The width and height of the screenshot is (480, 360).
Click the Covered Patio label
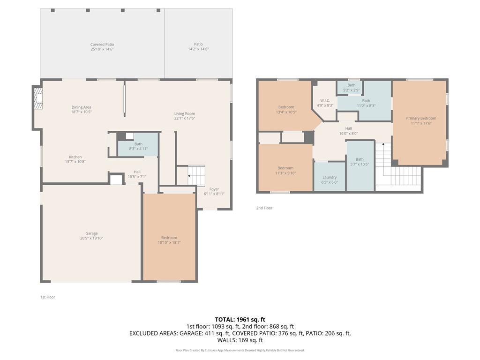coord(102,46)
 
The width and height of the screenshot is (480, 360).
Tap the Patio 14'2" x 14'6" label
coord(198,46)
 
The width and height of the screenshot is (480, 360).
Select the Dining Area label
coord(81,110)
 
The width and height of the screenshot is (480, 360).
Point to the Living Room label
coord(185,116)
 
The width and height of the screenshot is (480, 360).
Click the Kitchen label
coord(75,159)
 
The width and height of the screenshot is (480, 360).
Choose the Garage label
coord(91,235)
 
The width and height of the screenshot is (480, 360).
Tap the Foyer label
coord(214,191)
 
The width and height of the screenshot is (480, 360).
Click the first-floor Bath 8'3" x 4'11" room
coord(138,146)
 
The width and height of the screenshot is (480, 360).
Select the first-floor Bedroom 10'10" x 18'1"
coord(169,240)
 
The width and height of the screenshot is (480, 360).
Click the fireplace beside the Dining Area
coord(38,98)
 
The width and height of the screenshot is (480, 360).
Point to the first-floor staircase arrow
coord(189,176)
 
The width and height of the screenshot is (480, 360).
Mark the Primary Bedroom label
coord(421,121)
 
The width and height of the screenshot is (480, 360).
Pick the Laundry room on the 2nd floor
coord(330,180)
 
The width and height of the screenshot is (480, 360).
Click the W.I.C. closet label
coord(325,103)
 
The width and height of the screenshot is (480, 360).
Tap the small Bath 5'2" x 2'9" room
coord(352,87)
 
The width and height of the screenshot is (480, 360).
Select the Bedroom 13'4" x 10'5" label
coord(286,110)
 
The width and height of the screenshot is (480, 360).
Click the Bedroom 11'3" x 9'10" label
coord(285,170)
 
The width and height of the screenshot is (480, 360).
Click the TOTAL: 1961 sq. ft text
coord(240,319)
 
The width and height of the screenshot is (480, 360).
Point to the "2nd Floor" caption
coord(264,208)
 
